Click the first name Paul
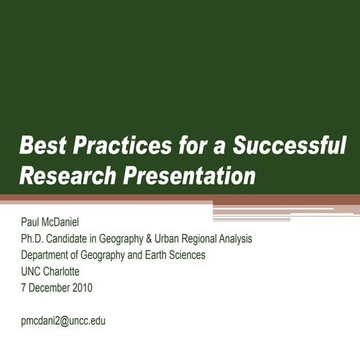click(x=31, y=223)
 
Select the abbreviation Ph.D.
click(x=33, y=239)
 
